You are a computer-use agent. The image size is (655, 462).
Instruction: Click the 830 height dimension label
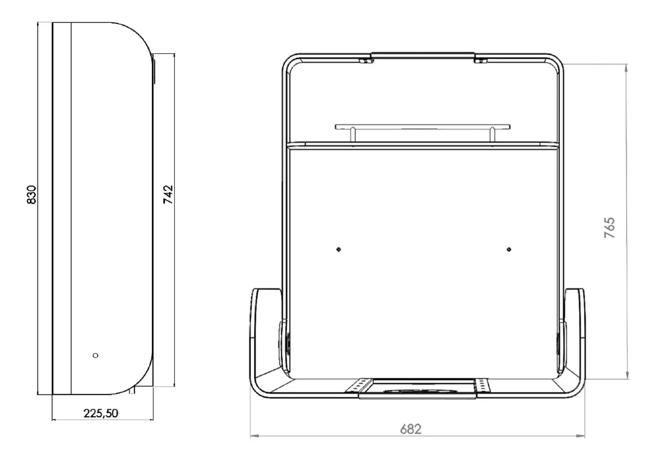tap(31, 195)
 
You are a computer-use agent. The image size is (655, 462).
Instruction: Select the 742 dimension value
tap(168, 194)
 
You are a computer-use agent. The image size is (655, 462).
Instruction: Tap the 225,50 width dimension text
tap(100, 413)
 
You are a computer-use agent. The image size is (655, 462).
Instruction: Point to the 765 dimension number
tap(610, 227)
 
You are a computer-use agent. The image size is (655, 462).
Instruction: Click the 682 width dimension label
tap(410, 429)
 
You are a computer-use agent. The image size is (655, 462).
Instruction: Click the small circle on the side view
tap(96, 355)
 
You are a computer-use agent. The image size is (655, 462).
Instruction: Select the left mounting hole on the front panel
tap(338, 249)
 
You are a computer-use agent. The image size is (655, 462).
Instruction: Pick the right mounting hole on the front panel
tap(509, 249)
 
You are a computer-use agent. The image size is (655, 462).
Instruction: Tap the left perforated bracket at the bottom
tap(359, 385)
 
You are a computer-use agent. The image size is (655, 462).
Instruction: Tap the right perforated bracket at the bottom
tap(481, 385)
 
